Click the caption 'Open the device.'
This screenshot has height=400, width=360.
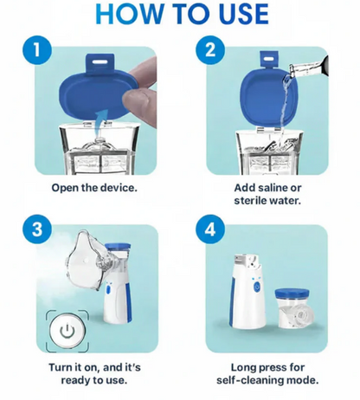click(x=93, y=187)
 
